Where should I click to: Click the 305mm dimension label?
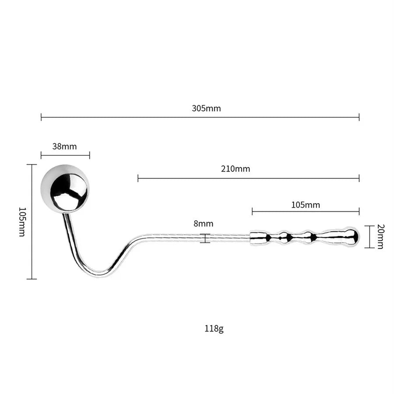point(206,109)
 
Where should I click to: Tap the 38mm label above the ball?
point(64,147)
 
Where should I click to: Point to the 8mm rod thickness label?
point(204,224)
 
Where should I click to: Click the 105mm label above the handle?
point(305,205)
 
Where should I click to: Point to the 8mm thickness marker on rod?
point(204,238)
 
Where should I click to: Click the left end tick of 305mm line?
point(41,117)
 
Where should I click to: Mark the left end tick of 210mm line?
point(138,178)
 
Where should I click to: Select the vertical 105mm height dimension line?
point(32,222)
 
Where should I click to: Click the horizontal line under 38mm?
point(65,155)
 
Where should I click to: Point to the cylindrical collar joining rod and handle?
point(258,237)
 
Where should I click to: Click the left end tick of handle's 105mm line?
point(252,212)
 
